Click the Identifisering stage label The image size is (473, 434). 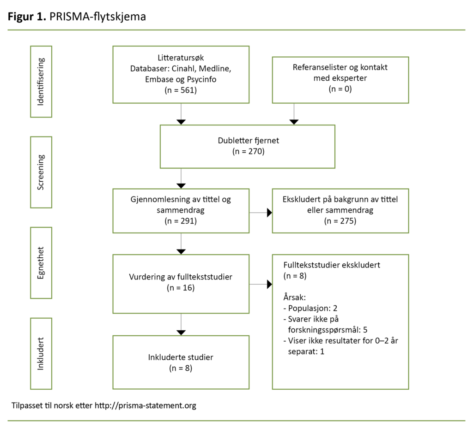coord(41,82)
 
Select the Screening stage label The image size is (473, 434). coord(41,172)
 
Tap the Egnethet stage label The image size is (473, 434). coord(41,262)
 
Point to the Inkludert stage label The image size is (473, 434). coord(41,353)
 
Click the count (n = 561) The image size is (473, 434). coord(181,90)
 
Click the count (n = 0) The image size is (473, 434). coord(340,89)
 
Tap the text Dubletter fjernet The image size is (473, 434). coord(248,141)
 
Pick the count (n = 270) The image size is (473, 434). coord(248,151)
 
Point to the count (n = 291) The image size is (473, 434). coord(181,221)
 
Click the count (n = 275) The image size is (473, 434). coord(340,221)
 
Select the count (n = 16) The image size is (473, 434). coord(181,288)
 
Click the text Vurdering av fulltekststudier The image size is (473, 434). coord(181,277)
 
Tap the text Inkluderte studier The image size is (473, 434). coord(181,357)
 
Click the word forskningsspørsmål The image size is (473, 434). coord(321,330)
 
